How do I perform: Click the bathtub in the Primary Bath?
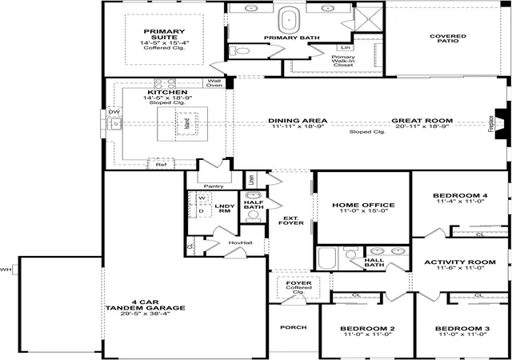pos(289,20)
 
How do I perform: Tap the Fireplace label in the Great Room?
pos(490,124)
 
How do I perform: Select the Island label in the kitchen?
pos(187,123)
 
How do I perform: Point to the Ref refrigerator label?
pos(161,165)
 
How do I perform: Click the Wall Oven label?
pos(214,83)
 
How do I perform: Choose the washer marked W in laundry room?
pos(202,198)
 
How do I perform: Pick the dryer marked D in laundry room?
pos(201,211)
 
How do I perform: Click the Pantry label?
pos(214,186)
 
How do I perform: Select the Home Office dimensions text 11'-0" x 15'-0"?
pos(364,211)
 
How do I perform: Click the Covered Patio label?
pos(448,38)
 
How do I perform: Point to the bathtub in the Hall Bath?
pos(327,258)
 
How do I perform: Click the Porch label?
pos(294,327)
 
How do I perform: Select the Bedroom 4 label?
pos(461,196)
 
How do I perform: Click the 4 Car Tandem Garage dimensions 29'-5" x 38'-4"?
pos(145,314)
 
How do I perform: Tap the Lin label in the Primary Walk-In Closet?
pos(346,48)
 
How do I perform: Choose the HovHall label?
pos(240,242)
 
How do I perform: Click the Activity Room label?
pos(460,262)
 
